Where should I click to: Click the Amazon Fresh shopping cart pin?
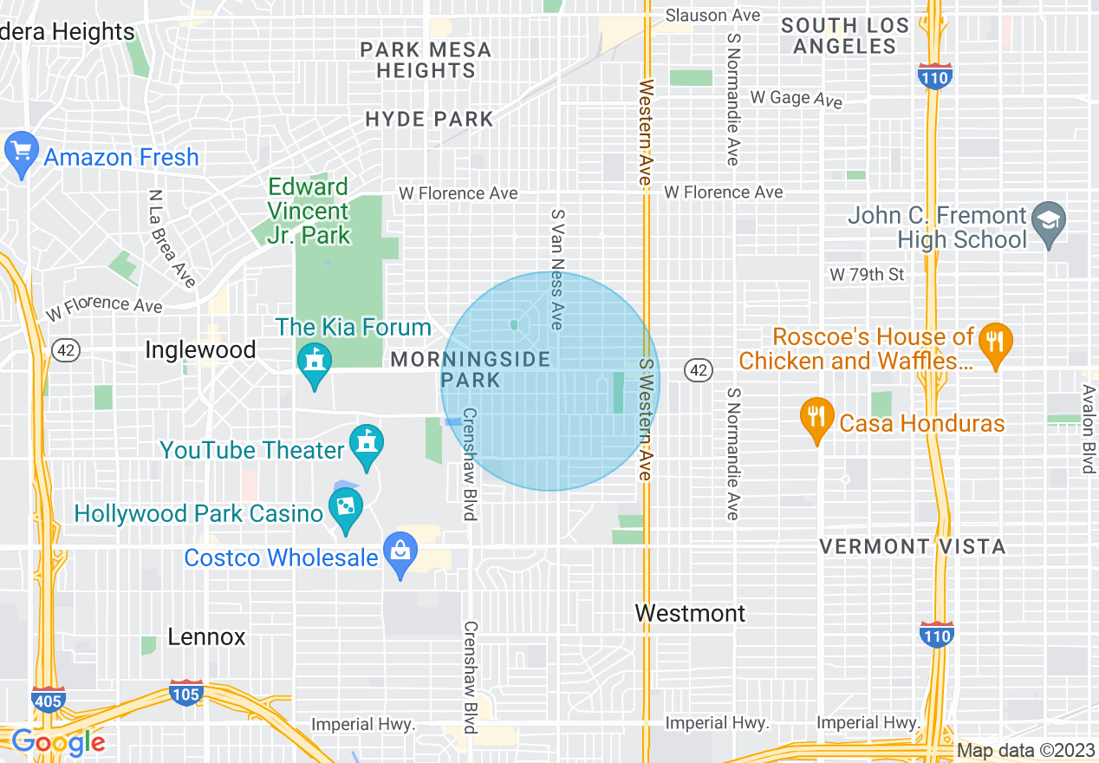(x=22, y=153)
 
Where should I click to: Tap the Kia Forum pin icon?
(x=313, y=365)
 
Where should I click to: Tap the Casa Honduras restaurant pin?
(x=816, y=419)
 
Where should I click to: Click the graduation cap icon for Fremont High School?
(x=1050, y=221)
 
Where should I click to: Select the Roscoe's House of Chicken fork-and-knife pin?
(x=995, y=343)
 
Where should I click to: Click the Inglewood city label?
(x=200, y=350)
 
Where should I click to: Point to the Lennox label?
(x=206, y=637)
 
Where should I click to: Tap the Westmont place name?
(x=690, y=614)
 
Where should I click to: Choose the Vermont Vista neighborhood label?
(x=913, y=547)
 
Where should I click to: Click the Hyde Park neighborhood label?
(x=429, y=120)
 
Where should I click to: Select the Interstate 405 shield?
(x=48, y=699)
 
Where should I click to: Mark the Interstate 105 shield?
(x=186, y=694)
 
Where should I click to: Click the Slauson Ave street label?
(x=712, y=16)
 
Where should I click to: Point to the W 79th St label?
(x=867, y=275)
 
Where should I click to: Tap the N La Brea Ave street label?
(x=172, y=238)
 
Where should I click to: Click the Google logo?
(x=58, y=742)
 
